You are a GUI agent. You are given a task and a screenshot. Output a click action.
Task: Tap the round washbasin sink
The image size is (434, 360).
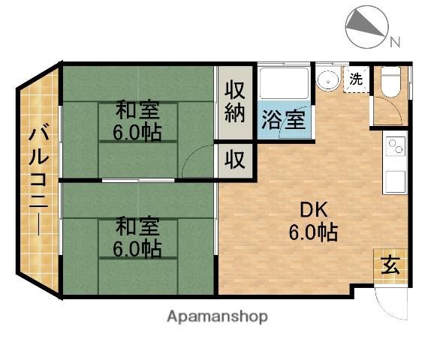point(327,79)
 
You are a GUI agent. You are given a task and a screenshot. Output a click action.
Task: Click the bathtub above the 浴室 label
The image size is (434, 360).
point(284,83)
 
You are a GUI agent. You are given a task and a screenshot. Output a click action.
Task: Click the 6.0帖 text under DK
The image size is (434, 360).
point(313,232)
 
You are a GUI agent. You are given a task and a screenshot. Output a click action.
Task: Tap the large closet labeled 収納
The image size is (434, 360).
point(234,103)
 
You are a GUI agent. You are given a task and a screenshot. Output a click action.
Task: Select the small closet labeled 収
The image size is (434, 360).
point(235,160)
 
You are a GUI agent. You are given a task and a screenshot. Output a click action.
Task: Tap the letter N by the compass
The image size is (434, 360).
point(395,43)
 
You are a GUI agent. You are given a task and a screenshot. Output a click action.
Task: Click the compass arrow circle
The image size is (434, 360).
point(366,25)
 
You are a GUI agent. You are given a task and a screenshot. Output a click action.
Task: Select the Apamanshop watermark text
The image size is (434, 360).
point(217,316)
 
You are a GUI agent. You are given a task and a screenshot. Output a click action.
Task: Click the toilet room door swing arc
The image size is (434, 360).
point(384,112)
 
